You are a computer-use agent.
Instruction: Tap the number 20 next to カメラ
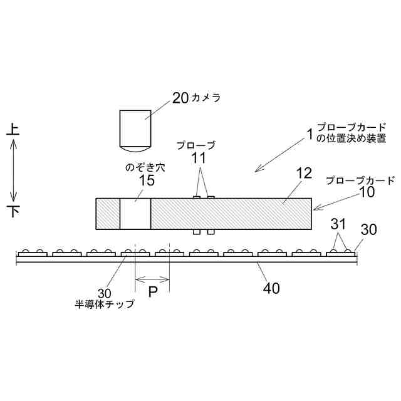(x=180, y=97)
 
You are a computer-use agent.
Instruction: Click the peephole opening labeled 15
(x=135, y=214)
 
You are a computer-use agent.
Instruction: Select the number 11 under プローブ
(x=199, y=159)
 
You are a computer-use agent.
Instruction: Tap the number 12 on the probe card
(x=304, y=174)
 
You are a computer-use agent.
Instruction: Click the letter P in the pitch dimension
(x=152, y=292)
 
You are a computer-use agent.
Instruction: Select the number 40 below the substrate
(x=271, y=288)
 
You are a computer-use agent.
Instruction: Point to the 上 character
(x=14, y=130)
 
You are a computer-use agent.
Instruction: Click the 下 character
(x=14, y=211)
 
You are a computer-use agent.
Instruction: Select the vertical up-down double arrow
(x=14, y=170)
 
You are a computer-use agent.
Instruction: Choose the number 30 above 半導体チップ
(x=105, y=293)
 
